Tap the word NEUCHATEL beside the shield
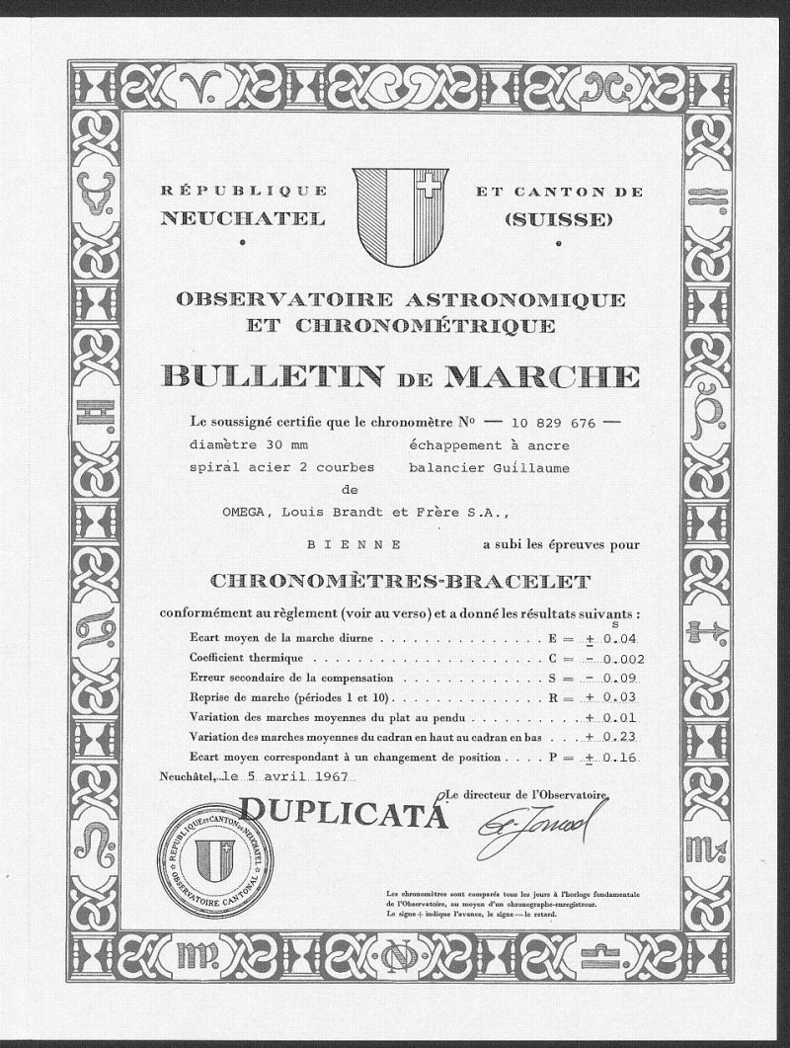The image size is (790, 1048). (x=243, y=219)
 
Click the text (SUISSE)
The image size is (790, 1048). (x=558, y=219)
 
